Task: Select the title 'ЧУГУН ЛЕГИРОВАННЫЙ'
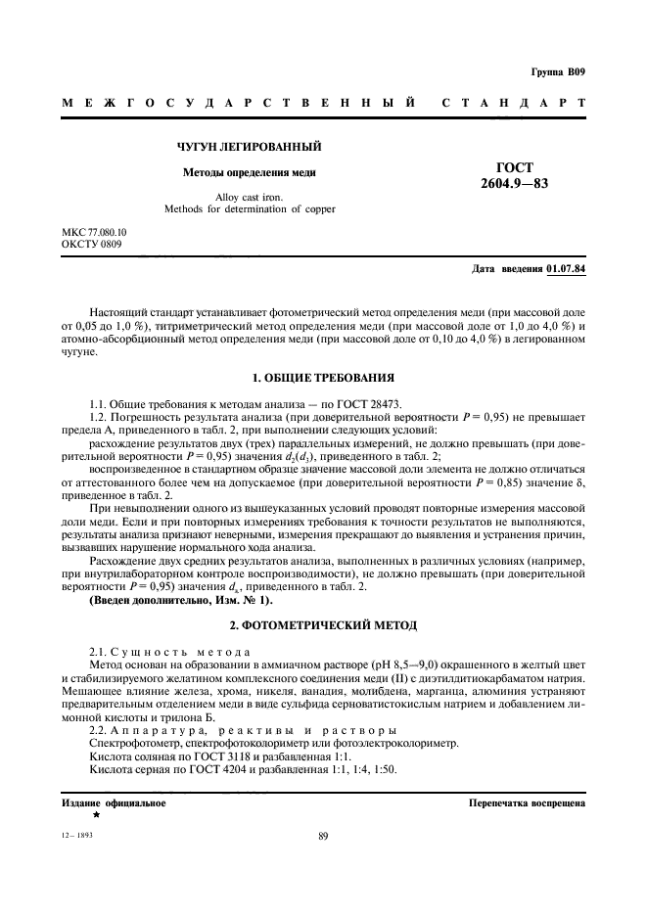click(x=250, y=147)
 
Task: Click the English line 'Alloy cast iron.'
click(x=249, y=197)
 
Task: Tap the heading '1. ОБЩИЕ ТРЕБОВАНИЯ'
click(x=324, y=376)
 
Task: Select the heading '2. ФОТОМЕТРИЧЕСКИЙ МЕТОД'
click(x=324, y=624)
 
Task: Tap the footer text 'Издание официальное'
click(x=113, y=802)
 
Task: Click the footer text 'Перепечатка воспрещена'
click(x=528, y=802)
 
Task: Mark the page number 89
click(x=323, y=835)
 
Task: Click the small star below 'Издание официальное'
click(x=96, y=814)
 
